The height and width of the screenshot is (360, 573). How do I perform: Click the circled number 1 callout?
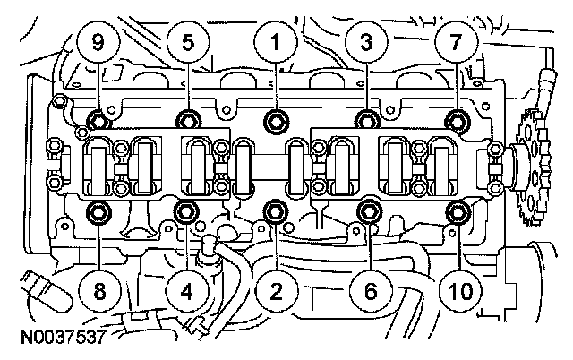pos(277,42)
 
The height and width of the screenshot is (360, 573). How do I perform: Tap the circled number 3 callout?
pos(367,42)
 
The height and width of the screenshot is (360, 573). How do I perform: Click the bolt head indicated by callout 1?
pos(277,119)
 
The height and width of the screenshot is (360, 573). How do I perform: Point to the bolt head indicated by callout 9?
pos(97,119)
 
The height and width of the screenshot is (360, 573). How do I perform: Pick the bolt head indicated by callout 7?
pos(458,119)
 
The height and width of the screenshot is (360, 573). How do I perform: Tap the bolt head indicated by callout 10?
pos(458,211)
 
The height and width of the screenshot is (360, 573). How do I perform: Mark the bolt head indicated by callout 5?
pos(187,119)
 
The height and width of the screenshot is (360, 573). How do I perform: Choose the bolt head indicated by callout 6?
pos(367,211)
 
